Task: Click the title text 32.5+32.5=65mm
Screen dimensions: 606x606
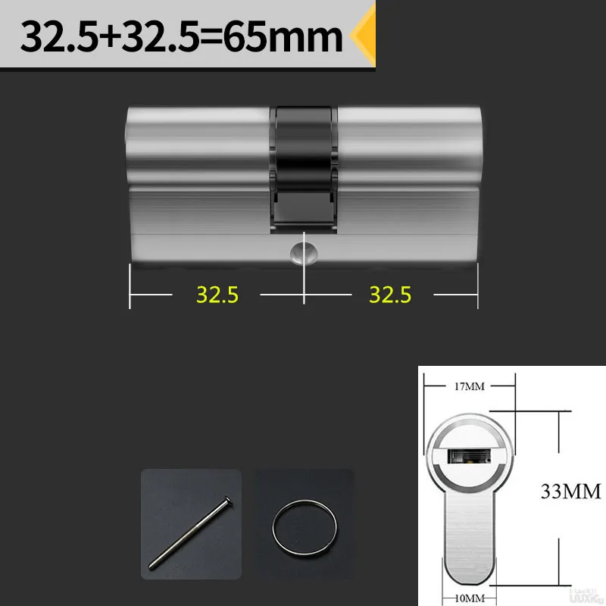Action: point(182,37)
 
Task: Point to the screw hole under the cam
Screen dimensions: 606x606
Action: point(305,253)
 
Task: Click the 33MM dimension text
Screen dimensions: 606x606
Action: point(570,492)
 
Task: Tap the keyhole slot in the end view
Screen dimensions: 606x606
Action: point(470,457)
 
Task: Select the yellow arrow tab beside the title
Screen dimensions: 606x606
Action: point(366,37)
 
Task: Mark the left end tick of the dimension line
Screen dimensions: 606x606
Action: point(130,288)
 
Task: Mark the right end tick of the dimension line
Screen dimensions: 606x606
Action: point(478,288)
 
